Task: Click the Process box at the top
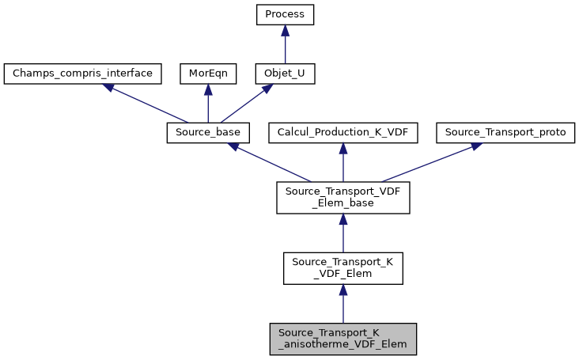point(286,14)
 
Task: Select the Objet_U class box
point(286,74)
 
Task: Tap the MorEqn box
point(207,74)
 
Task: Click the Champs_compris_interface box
point(83,74)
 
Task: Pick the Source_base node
point(208,133)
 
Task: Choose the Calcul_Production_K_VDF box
point(342,133)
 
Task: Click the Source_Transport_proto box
point(505,133)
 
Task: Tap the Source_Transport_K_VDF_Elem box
point(342,269)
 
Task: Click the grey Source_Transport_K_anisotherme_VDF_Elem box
point(342,339)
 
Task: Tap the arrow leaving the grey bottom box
point(342,305)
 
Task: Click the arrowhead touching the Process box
point(286,29)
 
